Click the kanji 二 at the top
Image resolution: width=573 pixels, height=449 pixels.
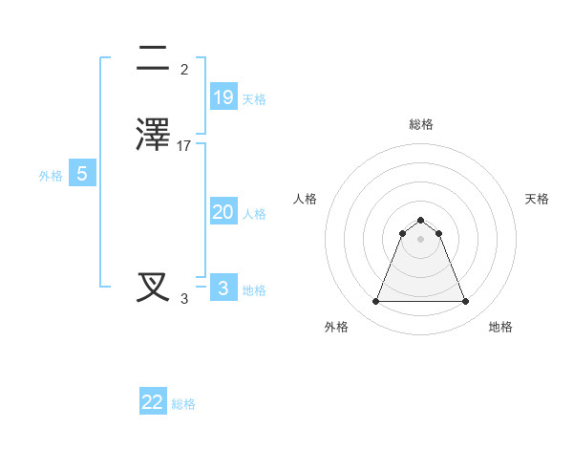[153, 59]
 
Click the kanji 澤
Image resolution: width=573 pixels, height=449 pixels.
[153, 135]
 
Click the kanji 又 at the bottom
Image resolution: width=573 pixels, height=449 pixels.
[153, 287]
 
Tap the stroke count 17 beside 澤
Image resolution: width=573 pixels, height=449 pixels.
[184, 146]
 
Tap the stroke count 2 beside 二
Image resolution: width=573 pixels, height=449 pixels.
[184, 70]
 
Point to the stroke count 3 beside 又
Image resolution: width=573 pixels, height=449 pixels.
[184, 299]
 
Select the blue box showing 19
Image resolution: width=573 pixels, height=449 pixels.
[223, 97]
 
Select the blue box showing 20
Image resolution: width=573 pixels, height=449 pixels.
[223, 212]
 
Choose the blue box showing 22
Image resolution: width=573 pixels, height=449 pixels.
[153, 402]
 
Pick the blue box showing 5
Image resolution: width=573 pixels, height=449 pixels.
[82, 174]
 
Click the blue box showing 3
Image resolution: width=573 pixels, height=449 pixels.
[223, 289]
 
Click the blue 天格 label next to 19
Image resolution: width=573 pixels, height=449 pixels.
[254, 99]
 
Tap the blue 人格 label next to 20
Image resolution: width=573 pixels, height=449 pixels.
[254, 214]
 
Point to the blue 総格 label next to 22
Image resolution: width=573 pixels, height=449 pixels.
[183, 404]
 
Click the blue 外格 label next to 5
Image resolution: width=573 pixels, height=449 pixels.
[50, 176]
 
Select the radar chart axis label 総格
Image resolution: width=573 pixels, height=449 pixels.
[420, 124]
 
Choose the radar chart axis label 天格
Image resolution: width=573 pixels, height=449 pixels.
[537, 199]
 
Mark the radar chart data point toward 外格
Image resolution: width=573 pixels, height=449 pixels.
[375, 302]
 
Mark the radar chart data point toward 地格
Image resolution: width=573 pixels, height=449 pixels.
[465, 302]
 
